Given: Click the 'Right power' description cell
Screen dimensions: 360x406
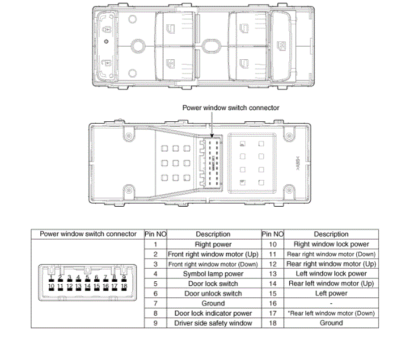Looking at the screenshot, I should point(213,244).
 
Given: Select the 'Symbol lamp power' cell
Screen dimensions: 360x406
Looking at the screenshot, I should point(213,274).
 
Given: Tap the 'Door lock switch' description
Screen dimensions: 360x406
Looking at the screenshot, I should point(213,284).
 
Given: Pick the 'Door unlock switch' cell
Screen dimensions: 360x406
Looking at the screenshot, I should point(213,293).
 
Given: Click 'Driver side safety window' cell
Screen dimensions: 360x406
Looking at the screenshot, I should point(213,323).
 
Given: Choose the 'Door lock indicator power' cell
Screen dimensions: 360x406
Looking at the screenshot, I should point(213,313).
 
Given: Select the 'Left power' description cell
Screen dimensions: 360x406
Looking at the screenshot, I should point(331,293).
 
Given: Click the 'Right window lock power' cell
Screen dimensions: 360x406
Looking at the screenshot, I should point(331,244).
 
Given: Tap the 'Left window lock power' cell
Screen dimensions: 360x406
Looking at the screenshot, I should point(331,274).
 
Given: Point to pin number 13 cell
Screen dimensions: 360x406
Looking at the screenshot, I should point(273,274).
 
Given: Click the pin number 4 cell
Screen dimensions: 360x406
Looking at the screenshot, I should point(155,274).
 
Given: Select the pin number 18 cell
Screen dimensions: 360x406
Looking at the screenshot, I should point(273,323).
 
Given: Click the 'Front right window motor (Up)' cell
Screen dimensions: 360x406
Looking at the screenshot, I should point(213,254).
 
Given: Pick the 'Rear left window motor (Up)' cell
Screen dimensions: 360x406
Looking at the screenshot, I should point(331,284).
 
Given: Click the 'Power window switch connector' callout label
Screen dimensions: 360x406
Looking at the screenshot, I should point(231,108).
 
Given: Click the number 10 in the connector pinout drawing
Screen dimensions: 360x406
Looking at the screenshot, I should point(52,287).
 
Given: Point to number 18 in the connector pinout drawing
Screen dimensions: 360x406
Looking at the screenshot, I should point(124,287).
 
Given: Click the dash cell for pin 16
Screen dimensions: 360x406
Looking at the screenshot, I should point(331,303).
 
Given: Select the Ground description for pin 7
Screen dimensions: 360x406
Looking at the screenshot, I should point(213,303).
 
